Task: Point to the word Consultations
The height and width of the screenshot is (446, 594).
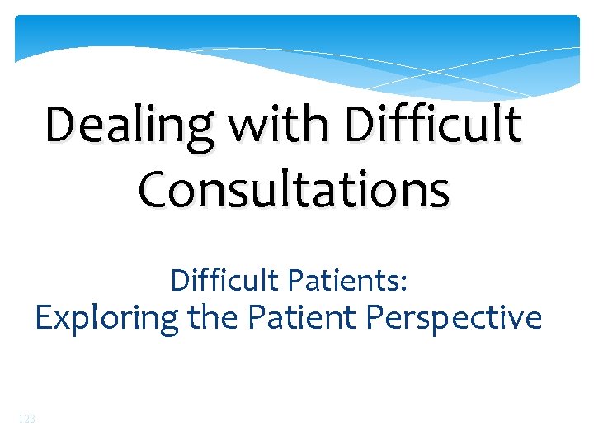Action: pyautogui.click(x=295, y=189)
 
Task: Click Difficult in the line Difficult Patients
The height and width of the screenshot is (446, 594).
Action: pyautogui.click(x=224, y=281)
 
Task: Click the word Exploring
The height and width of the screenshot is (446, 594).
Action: pyautogui.click(x=106, y=318)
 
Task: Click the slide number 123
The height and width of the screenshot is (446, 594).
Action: pyautogui.click(x=26, y=420)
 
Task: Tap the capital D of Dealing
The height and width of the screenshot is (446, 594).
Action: pyautogui.click(x=63, y=126)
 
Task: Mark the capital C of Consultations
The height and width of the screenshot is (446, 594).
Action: pyautogui.click(x=155, y=189)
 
